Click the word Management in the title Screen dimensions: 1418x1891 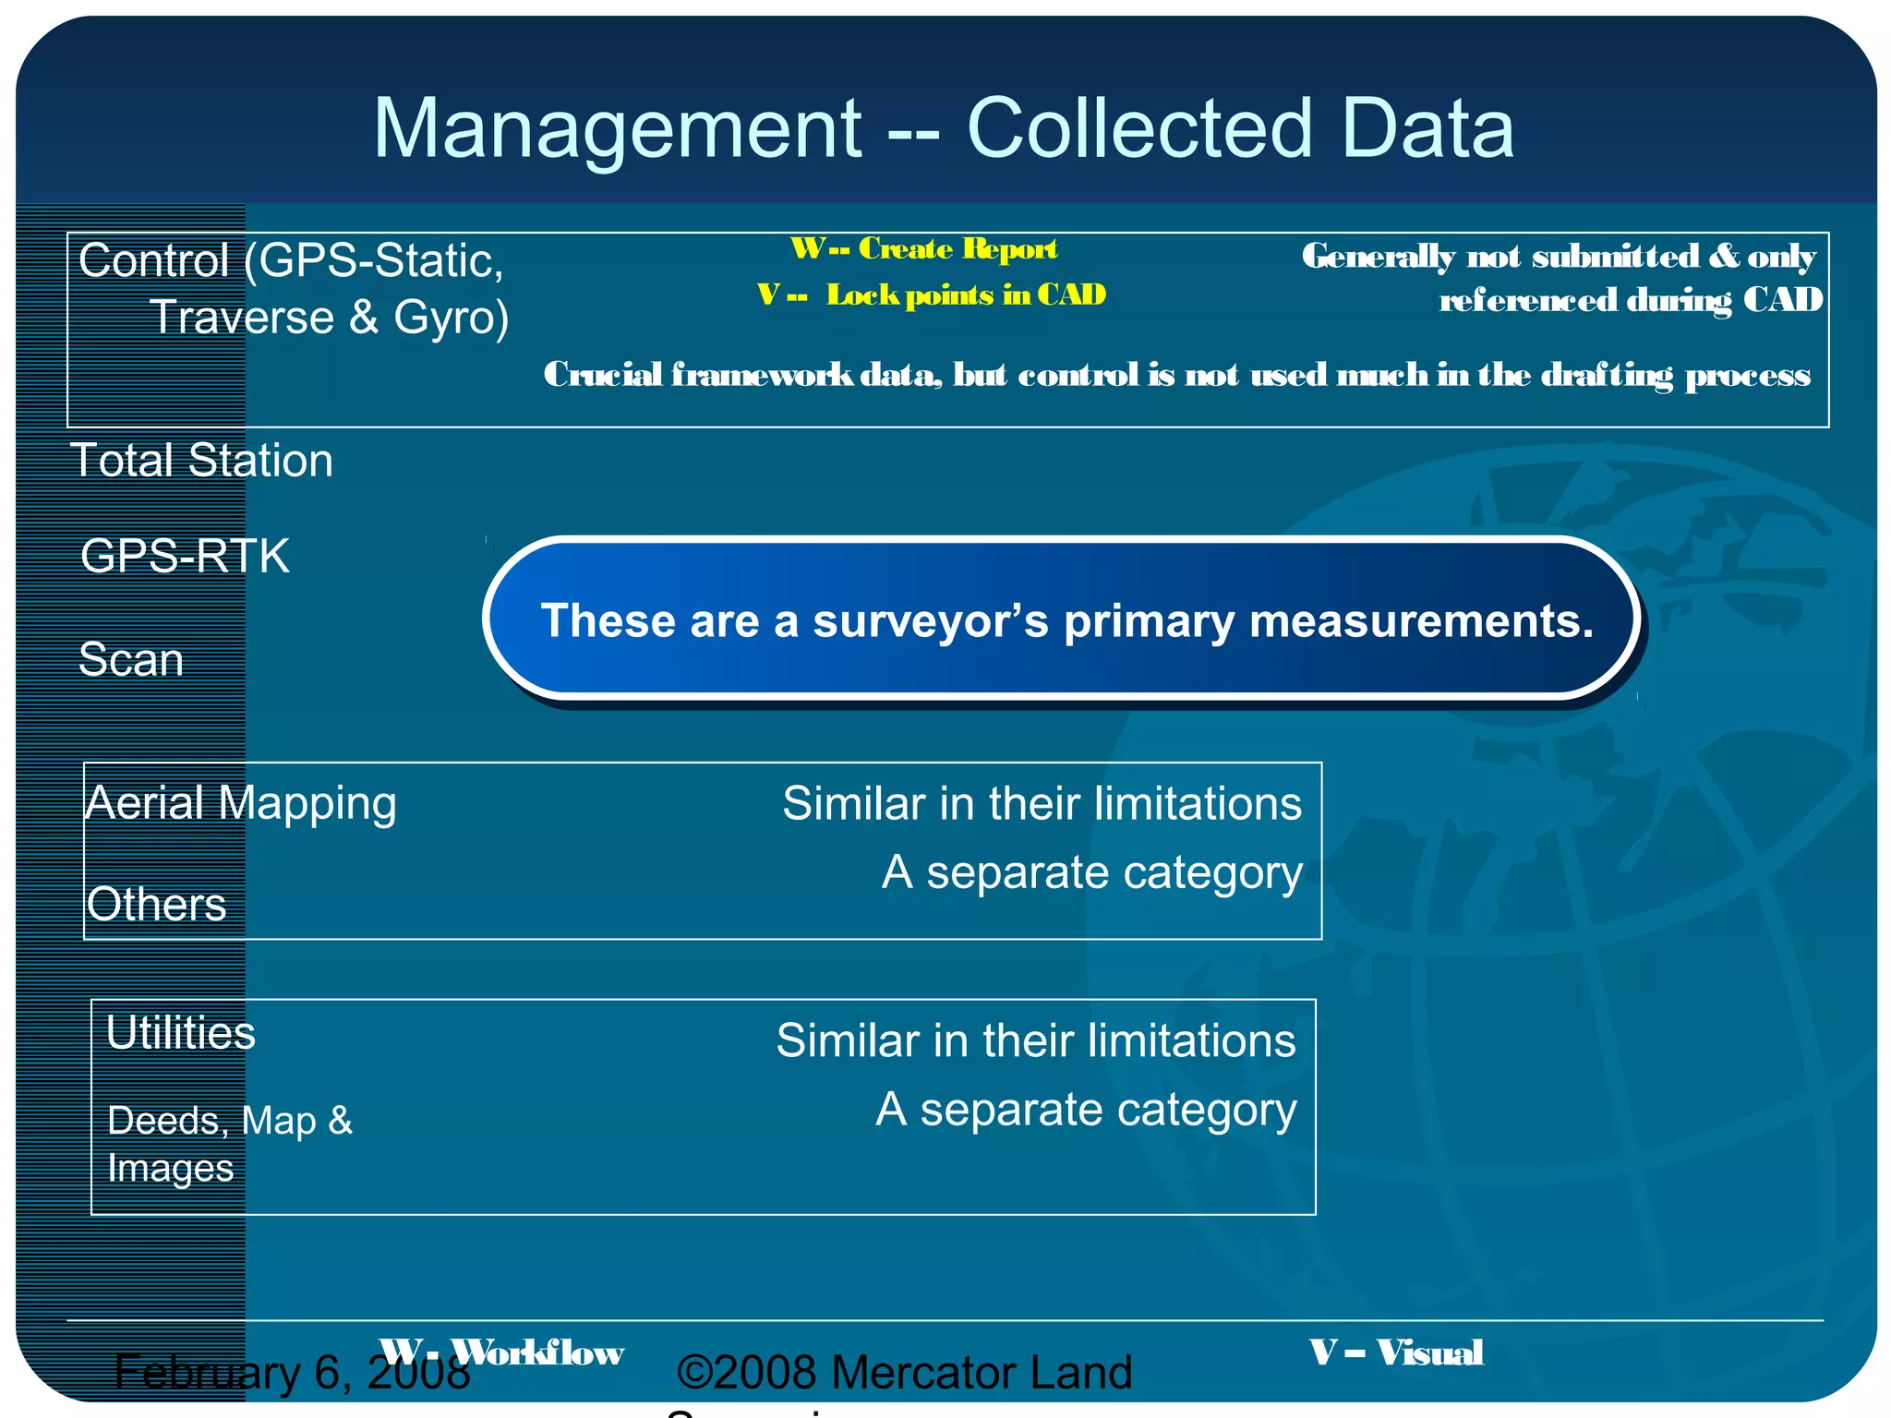617,129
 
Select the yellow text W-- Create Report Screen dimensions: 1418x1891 923,248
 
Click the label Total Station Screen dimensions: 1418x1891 201,461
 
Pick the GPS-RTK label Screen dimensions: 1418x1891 185,557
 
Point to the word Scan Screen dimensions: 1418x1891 131,660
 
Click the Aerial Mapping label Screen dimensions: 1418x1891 241,803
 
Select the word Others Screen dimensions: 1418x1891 156,904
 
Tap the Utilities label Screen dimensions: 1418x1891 181,1033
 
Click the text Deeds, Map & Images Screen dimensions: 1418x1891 229,1144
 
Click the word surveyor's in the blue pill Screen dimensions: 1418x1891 930,621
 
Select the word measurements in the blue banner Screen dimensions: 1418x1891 1420,621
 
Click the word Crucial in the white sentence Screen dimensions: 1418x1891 602,375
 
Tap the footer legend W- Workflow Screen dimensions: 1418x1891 501,1352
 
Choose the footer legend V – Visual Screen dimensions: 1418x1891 1396,1352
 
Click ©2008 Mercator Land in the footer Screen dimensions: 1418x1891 904,1373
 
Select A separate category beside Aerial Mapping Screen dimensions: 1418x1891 1091,872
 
